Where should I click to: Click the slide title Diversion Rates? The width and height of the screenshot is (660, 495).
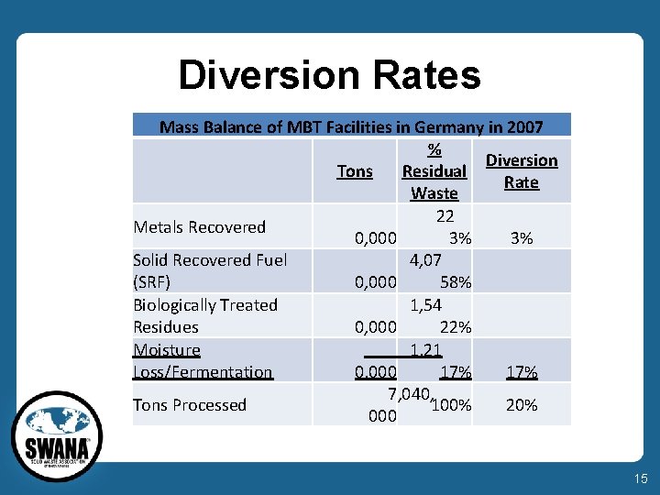pyautogui.click(x=329, y=75)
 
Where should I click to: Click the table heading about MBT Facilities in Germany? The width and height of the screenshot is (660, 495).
pyautogui.click(x=351, y=126)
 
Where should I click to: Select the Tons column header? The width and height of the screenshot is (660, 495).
pyautogui.click(x=355, y=171)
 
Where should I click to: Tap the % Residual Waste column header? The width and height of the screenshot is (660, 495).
pyautogui.click(x=434, y=171)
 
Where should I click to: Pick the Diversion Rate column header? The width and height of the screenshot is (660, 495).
pyautogui.click(x=522, y=171)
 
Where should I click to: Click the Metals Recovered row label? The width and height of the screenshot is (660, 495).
pyautogui.click(x=200, y=227)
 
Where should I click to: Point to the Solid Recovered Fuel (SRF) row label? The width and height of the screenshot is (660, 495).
pyautogui.click(x=210, y=271)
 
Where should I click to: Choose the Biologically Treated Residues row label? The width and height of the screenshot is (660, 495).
pyautogui.click(x=205, y=316)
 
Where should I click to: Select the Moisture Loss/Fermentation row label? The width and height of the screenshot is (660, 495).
pyautogui.click(x=203, y=361)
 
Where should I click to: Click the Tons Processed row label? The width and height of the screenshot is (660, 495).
pyautogui.click(x=190, y=405)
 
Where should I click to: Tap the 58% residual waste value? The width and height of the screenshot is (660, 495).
pyautogui.click(x=456, y=282)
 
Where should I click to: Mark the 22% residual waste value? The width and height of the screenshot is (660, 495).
pyautogui.click(x=456, y=327)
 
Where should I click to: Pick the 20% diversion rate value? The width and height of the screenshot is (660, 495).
pyautogui.click(x=522, y=405)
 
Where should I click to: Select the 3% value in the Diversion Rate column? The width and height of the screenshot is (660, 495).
pyautogui.click(x=522, y=238)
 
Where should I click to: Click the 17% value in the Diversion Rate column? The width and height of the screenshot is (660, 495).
pyautogui.click(x=522, y=372)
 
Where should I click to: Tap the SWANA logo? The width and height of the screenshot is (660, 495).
pyautogui.click(x=57, y=438)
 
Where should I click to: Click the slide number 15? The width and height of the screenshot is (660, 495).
pyautogui.click(x=638, y=478)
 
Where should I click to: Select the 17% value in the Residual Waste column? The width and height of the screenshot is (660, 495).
pyautogui.click(x=456, y=372)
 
